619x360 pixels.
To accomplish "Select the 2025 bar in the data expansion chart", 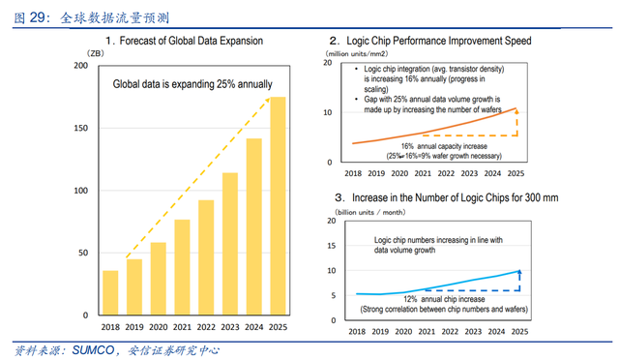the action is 278,206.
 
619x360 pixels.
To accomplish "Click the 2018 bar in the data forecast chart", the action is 110,293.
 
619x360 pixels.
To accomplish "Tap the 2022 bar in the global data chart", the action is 206,257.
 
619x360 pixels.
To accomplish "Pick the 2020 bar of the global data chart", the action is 159,279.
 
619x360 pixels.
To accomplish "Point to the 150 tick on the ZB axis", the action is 81,128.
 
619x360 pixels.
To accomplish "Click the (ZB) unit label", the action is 96,53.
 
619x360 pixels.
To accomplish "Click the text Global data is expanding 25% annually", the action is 192,84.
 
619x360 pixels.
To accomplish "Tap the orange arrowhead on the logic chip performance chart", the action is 516,111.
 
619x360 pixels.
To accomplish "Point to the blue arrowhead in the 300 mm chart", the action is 519,272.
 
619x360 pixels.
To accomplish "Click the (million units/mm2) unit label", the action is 357,54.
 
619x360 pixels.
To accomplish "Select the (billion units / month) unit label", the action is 370,212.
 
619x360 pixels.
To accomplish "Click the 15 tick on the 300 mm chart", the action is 332,246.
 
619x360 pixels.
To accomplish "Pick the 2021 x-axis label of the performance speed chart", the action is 423,173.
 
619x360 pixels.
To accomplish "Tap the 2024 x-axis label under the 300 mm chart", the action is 496,332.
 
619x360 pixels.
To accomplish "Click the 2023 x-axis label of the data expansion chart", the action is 230,327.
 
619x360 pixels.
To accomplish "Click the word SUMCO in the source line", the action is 93,350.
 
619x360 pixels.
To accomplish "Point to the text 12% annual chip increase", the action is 444,299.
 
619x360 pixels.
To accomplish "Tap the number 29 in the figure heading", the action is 38,17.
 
